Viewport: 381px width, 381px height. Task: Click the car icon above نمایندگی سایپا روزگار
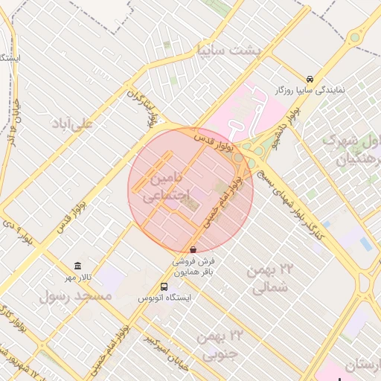[x=310, y=79]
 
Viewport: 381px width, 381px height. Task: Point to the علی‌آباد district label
[x=71, y=124]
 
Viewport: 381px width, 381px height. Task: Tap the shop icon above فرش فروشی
[x=193, y=250]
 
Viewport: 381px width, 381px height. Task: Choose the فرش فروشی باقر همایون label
[x=194, y=267]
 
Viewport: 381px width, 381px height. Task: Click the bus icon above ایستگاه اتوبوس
[x=164, y=286]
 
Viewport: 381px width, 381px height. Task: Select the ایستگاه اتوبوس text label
[x=164, y=298]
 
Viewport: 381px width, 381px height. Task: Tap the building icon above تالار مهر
[x=77, y=266]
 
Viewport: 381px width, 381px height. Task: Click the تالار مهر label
[x=77, y=277]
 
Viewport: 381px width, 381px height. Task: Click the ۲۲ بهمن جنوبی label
[x=217, y=345]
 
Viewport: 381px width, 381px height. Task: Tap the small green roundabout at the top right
[x=354, y=36]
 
